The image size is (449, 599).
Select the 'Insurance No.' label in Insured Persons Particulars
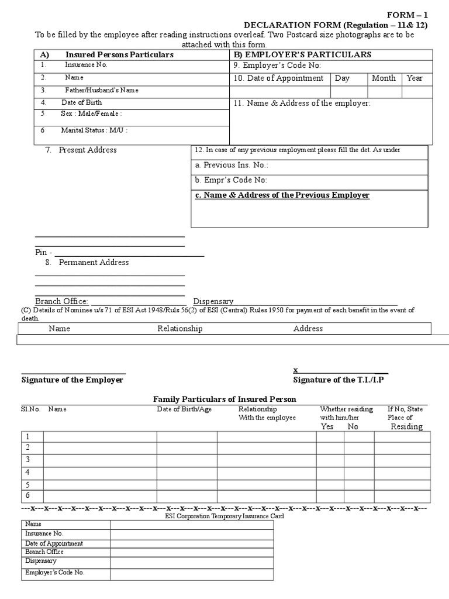[x=86, y=65]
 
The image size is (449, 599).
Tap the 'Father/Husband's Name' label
[x=102, y=91]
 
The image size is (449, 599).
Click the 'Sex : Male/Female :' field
[x=91, y=114]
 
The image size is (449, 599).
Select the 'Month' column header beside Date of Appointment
[x=384, y=78]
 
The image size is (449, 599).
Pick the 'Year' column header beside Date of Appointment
[x=415, y=78]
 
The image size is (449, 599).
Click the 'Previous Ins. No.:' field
[x=232, y=166]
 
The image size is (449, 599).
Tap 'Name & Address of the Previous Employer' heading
[x=282, y=195]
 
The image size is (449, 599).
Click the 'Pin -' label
[x=44, y=252]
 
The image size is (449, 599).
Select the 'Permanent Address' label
[x=94, y=263]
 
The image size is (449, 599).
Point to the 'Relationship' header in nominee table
[x=179, y=329]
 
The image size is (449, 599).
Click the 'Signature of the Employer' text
[x=72, y=380]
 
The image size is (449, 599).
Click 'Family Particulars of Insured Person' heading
[x=224, y=399]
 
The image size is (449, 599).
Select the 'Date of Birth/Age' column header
[x=184, y=409]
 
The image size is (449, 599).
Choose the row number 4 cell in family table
[x=32, y=473]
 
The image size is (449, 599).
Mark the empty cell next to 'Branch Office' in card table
[x=191, y=552]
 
